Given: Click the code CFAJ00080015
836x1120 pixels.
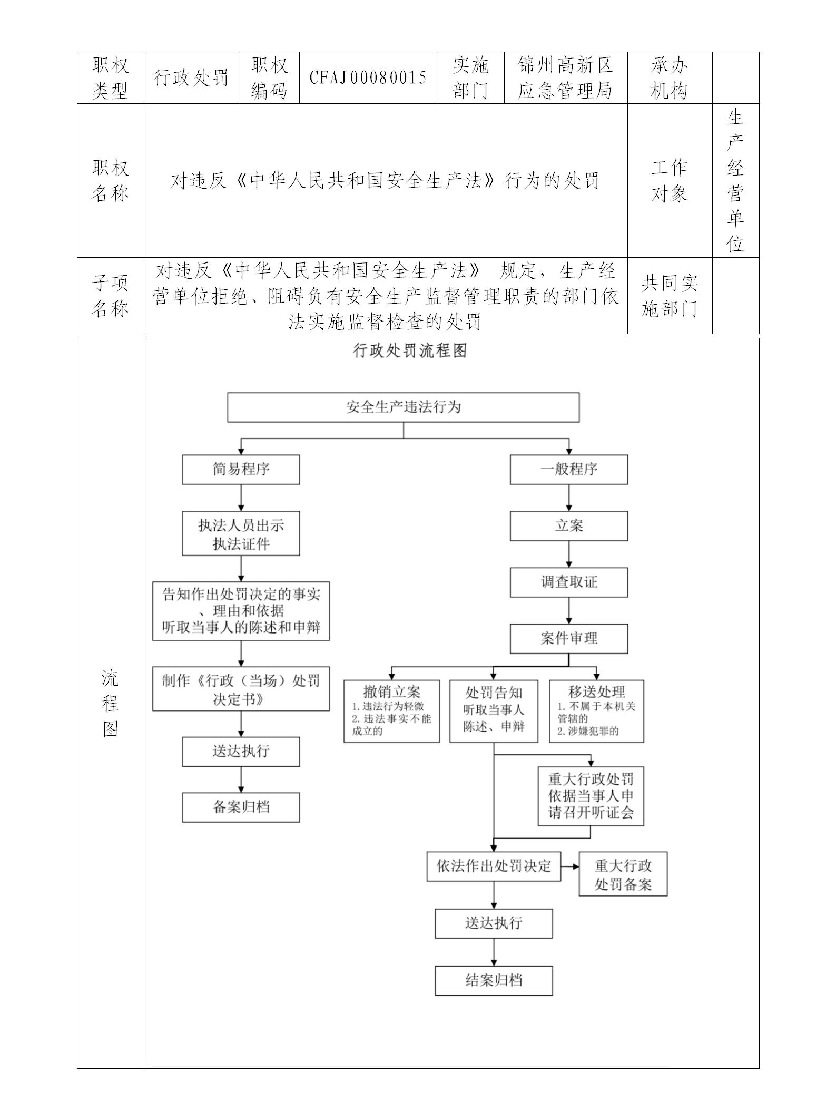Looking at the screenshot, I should pos(368,78).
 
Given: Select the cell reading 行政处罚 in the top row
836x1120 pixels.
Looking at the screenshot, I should pos(191,78).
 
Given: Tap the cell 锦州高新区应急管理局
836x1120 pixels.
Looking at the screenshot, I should pos(565,78).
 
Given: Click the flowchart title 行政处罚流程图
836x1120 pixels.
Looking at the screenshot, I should pos(410,351).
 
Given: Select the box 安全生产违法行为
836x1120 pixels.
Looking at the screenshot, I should pos(403,407).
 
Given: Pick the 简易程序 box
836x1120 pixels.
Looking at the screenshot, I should pos(241,469).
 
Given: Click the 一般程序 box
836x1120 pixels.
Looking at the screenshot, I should pos(568,469).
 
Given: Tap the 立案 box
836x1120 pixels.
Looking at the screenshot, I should pos(568,525).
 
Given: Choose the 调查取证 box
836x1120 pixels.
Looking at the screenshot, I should pos(568,582).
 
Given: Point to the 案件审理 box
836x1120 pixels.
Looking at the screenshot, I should pos(568,638).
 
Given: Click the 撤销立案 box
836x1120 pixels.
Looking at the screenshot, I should pos(391,711).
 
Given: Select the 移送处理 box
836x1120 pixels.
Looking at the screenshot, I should pos(596,711).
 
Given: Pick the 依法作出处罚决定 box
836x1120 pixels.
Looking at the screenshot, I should pos(494,866).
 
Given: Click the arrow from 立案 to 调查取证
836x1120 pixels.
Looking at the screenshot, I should pos(568,554).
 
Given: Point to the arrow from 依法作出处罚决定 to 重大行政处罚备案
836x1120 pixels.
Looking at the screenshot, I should pos(569,866).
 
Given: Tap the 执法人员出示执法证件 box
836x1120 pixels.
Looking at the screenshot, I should pos(241,533).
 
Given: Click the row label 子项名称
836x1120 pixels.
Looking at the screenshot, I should pos(110,296).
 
